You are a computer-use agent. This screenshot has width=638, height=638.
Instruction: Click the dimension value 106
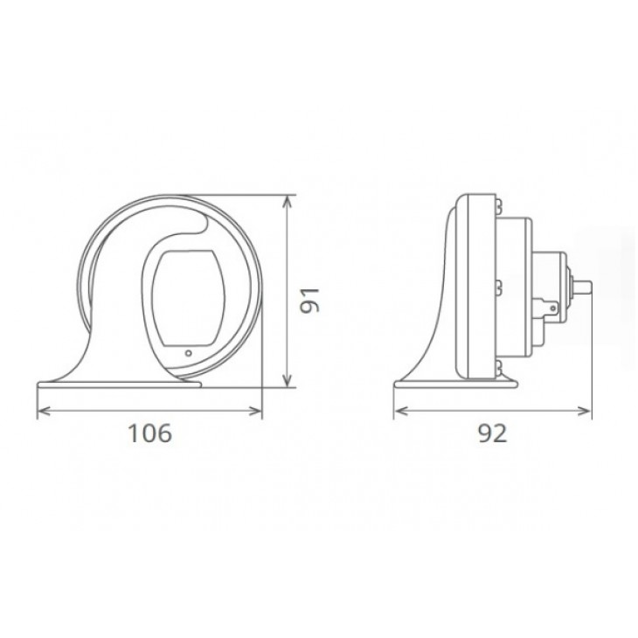(x=149, y=433)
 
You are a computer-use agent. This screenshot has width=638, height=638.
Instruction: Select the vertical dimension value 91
(x=310, y=301)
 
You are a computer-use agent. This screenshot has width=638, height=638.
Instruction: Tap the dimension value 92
(x=492, y=433)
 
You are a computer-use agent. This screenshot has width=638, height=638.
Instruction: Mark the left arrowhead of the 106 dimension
(x=44, y=412)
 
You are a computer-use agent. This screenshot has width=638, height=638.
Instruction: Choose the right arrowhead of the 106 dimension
(x=255, y=412)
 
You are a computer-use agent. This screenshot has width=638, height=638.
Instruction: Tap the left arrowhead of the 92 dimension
(x=401, y=412)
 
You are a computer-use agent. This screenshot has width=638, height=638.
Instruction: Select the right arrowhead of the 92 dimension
(x=584, y=412)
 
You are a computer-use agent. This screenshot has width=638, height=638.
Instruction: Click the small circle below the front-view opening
(x=189, y=353)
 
